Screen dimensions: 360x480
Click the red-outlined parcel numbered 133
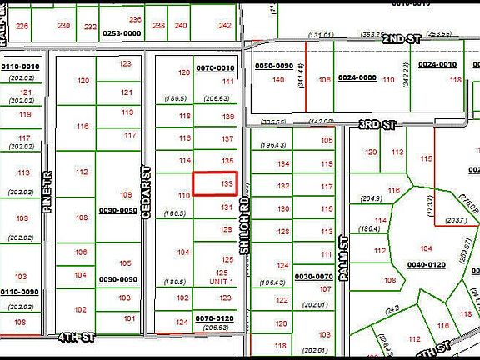(x=216, y=183)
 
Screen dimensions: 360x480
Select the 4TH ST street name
(x=77, y=337)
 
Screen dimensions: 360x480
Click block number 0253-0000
(x=121, y=34)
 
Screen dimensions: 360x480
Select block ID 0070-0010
(x=215, y=67)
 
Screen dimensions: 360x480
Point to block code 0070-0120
(x=214, y=318)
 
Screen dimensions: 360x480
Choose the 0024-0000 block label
(x=357, y=77)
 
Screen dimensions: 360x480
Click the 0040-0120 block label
(x=426, y=264)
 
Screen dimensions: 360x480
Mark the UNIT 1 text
(x=222, y=282)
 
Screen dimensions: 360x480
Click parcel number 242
(x=224, y=26)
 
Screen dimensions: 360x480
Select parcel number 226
(x=22, y=26)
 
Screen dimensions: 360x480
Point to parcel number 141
(x=227, y=81)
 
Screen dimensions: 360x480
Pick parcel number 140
(x=278, y=80)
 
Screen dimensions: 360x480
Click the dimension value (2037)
(x=455, y=221)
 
